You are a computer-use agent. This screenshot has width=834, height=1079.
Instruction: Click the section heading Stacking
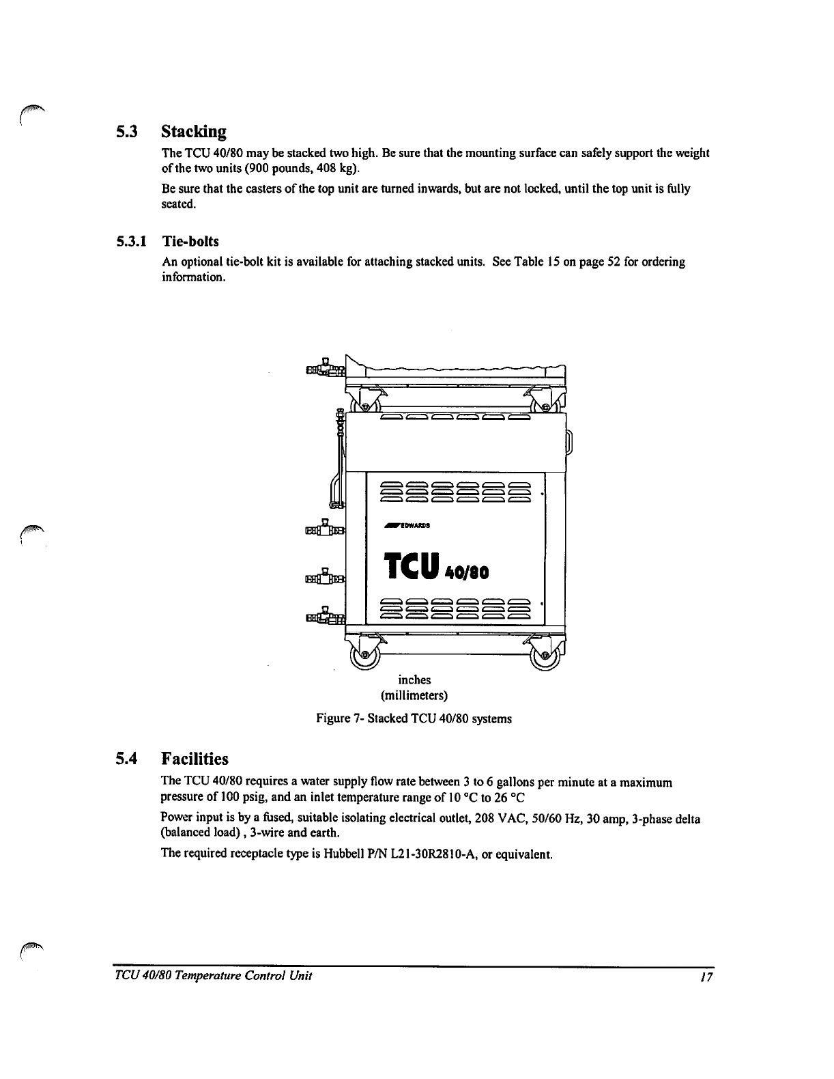click(193, 130)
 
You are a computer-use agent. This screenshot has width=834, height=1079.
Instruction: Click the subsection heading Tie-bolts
click(190, 241)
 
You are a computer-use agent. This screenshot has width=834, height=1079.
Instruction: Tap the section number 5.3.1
click(132, 241)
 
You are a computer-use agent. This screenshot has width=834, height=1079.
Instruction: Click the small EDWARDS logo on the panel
click(405, 526)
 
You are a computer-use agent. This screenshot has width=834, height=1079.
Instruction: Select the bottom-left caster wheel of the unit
click(364, 654)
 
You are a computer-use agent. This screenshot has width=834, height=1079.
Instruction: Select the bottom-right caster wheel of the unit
click(546, 654)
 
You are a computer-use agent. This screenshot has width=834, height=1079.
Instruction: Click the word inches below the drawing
click(414, 679)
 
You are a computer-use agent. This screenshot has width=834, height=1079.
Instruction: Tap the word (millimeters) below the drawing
click(414, 696)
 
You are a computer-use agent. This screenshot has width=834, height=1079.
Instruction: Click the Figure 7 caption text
click(414, 718)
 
